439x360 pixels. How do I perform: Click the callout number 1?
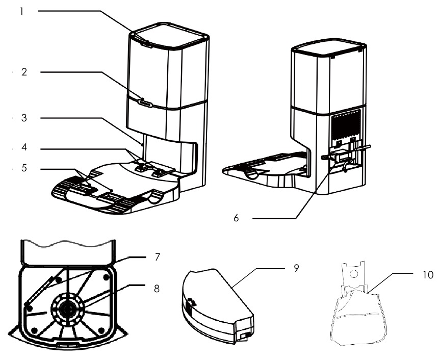coord(22,11)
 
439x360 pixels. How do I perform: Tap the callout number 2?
coord(23,72)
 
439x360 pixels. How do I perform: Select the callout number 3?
coord(23,118)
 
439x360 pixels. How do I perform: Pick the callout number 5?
coord(23,168)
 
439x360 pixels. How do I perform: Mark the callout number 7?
coord(157,256)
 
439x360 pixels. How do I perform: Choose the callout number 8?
coord(157,288)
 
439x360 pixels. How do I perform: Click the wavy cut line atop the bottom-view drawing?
coord(66,243)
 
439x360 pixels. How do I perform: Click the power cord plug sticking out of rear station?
coord(363,148)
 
